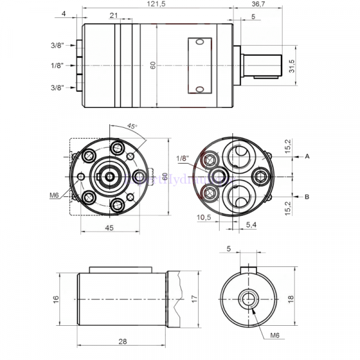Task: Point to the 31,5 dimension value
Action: [x=293, y=65]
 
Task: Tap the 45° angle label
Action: [x=132, y=127]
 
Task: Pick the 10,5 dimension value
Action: [x=204, y=217]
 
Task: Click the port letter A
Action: [x=307, y=156]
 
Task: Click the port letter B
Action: [x=307, y=196]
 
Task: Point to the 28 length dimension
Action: [x=122, y=341]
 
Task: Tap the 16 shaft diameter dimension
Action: [x=56, y=298]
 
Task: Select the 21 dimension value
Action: [x=114, y=16]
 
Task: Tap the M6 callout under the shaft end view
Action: [x=275, y=334]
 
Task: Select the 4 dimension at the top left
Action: [x=64, y=13]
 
